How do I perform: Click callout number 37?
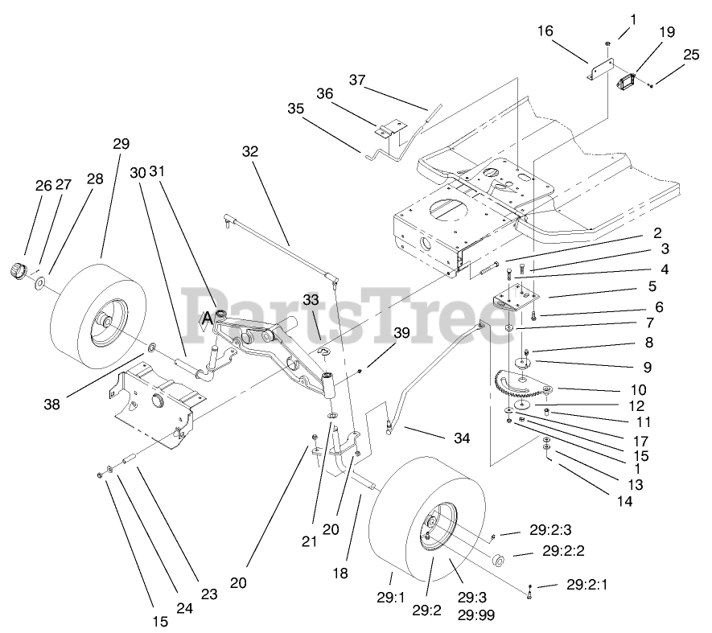(357, 80)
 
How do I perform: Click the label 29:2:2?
(562, 552)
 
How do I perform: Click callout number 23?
(209, 594)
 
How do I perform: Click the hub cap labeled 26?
(18, 269)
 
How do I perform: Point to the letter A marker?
(208, 318)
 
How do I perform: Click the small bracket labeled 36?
(390, 130)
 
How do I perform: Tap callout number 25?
(691, 55)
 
